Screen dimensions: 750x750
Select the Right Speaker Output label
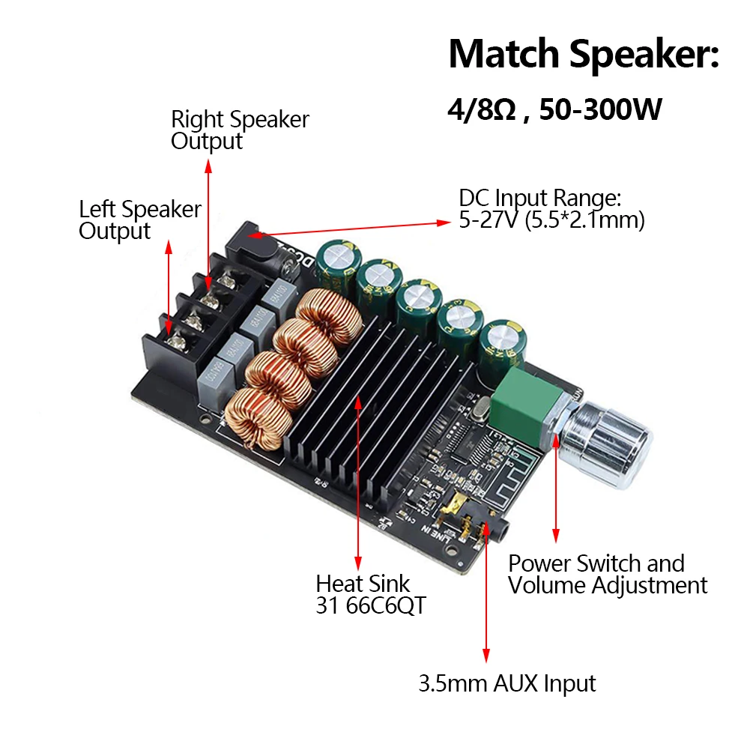pos(240,130)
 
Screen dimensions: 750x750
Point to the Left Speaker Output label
pos(140,220)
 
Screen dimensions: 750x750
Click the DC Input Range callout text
pos(551,209)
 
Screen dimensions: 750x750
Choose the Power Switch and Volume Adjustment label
pos(607,575)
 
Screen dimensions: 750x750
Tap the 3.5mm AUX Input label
pos(506,683)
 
